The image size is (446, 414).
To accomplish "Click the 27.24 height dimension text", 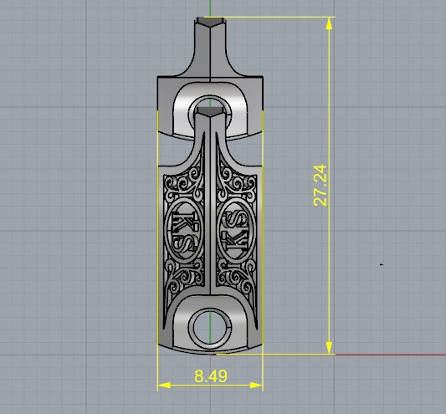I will coord(319,186).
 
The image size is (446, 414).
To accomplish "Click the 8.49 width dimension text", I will coord(210,377).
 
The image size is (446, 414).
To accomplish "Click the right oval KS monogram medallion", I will coord(234,227).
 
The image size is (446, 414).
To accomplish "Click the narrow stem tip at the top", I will coord(210,25).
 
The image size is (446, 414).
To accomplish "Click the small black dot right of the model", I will coord(382,264).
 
